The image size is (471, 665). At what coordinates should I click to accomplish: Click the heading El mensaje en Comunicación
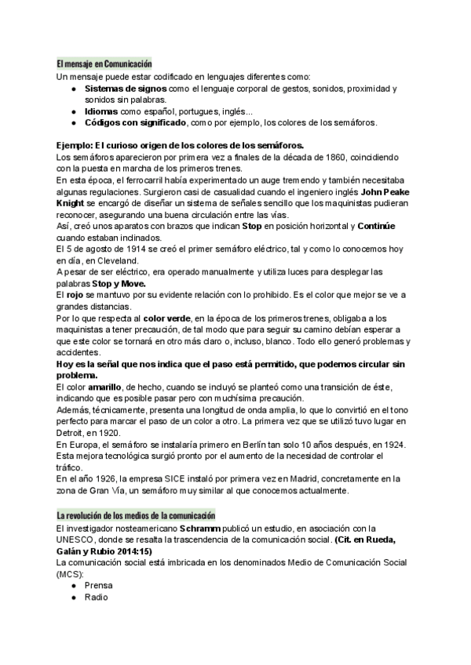pyautogui.click(x=104, y=63)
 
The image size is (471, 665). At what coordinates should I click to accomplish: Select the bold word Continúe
pyautogui.click(x=382, y=226)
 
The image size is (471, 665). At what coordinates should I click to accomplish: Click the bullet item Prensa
pyautogui.click(x=99, y=586)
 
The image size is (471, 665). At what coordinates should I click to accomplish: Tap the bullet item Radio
pyautogui.click(x=97, y=598)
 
